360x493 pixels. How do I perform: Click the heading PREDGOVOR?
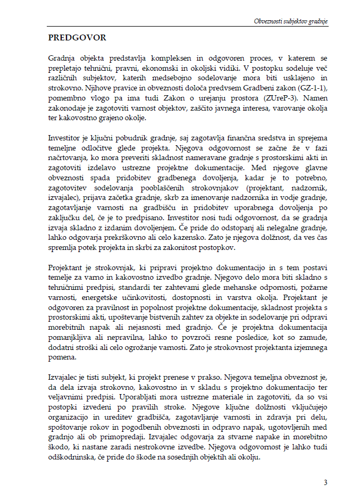point(77,38)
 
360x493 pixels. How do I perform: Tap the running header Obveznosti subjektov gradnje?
point(291,21)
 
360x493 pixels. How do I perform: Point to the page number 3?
point(325,482)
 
